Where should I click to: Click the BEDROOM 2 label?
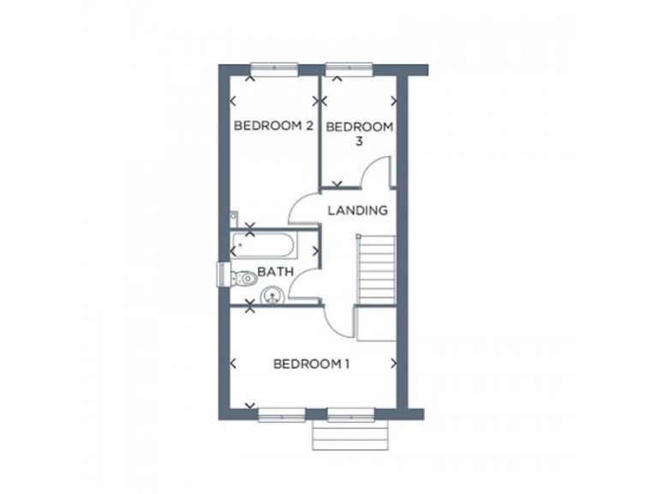(272, 126)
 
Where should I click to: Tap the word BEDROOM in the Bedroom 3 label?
(360, 128)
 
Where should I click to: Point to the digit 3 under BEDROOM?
(360, 142)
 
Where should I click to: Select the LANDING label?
(359, 210)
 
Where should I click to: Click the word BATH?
(276, 272)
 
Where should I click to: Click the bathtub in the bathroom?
(264, 248)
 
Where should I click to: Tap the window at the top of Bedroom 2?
(273, 67)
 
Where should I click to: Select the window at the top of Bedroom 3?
(345, 67)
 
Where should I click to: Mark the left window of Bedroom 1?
(282, 414)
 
